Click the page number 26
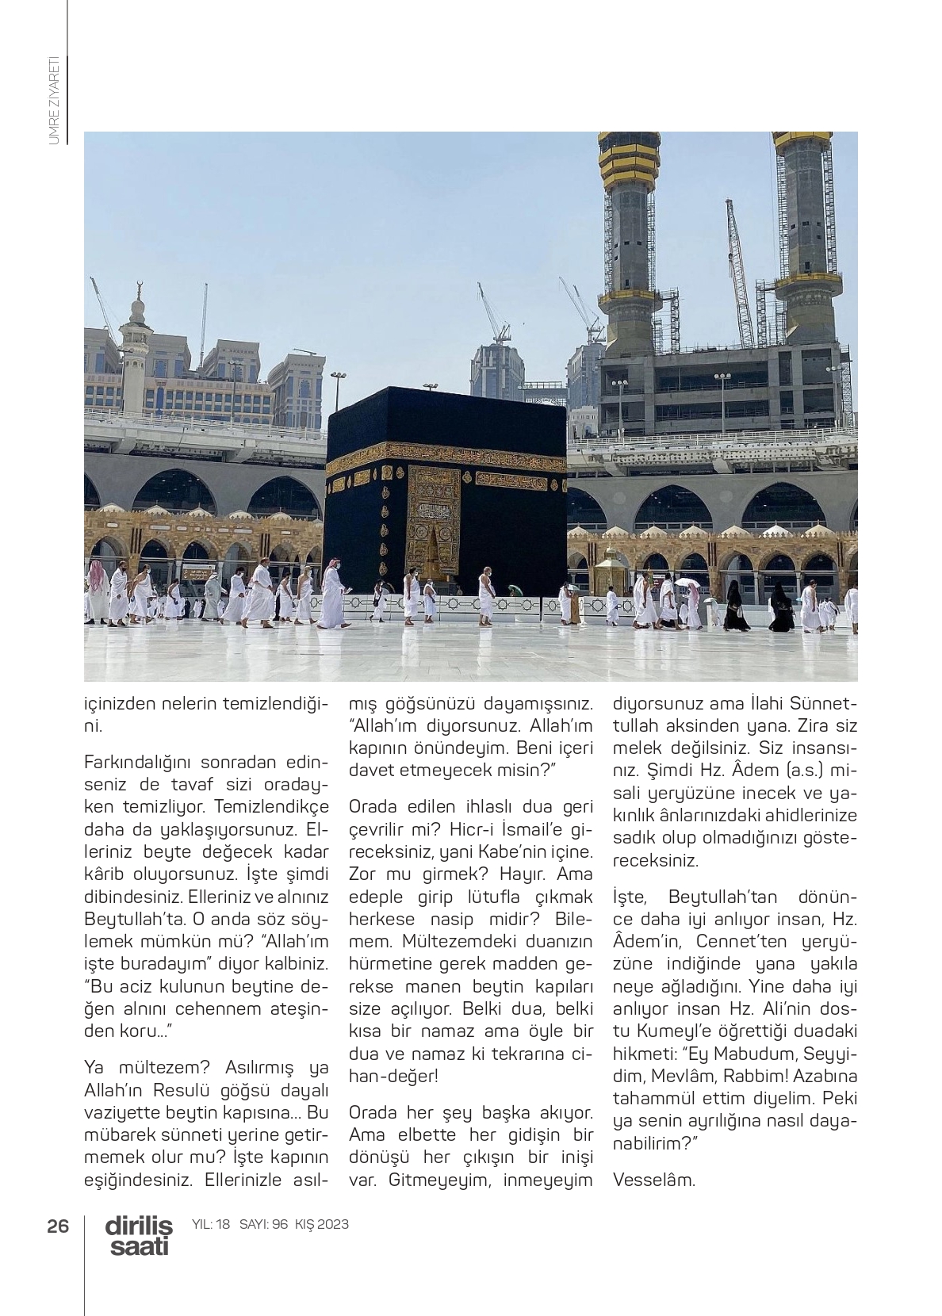click(58, 1225)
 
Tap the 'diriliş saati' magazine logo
click(138, 1236)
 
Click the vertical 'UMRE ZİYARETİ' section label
click(54, 100)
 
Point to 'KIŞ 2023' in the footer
click(321, 1224)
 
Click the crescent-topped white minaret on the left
click(137, 349)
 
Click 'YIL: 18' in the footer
click(211, 1224)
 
